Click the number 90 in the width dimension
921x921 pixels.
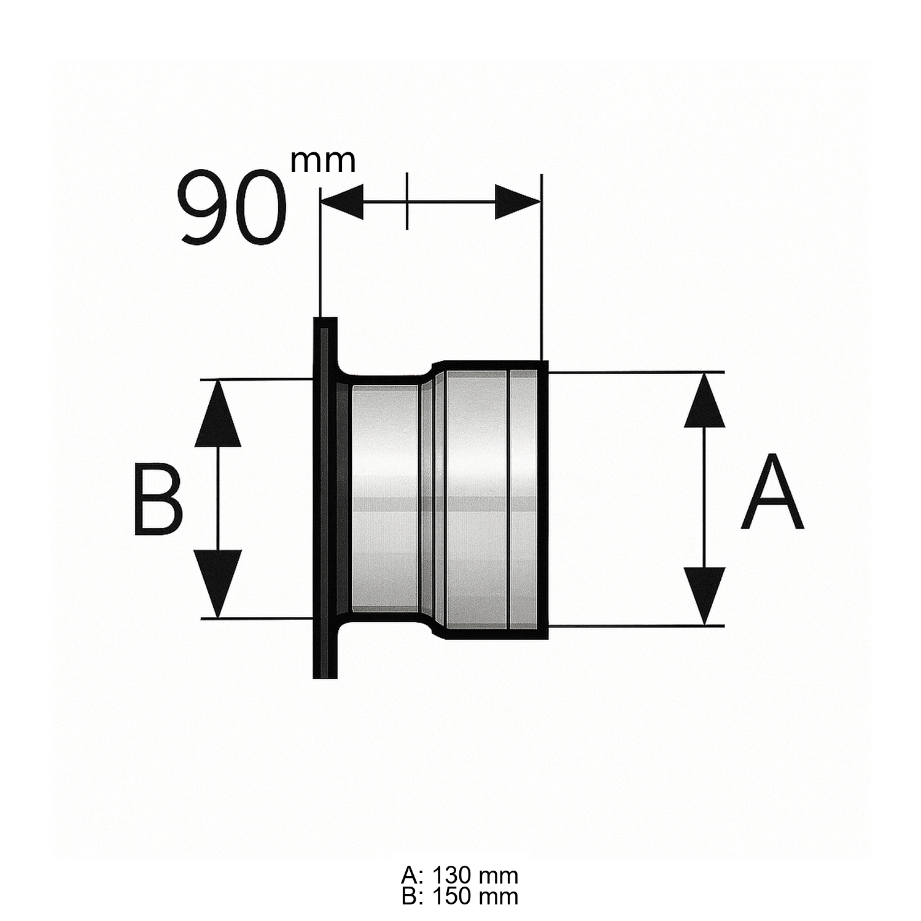point(232,208)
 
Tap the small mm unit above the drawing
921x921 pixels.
point(323,161)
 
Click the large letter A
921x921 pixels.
point(772,492)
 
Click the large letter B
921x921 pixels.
point(158,500)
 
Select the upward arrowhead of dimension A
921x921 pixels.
point(705,399)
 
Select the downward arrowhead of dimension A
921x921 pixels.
point(705,596)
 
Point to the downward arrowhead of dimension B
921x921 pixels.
point(217,583)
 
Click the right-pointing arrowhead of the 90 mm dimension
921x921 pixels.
point(517,201)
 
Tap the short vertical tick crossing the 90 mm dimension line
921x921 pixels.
point(406,201)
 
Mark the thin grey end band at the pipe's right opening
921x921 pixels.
point(523,497)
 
